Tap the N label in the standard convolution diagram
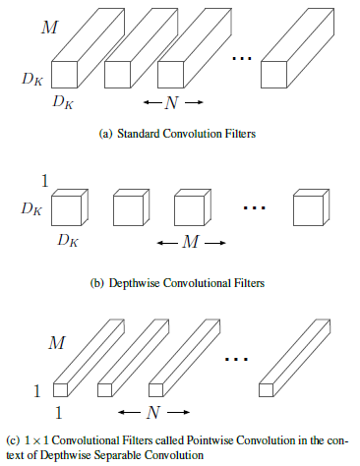coord(173,102)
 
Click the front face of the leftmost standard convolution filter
coord(64,74)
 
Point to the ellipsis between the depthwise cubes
coord(255,208)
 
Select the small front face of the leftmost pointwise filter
coord(61,388)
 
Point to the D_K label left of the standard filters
coord(33,75)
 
